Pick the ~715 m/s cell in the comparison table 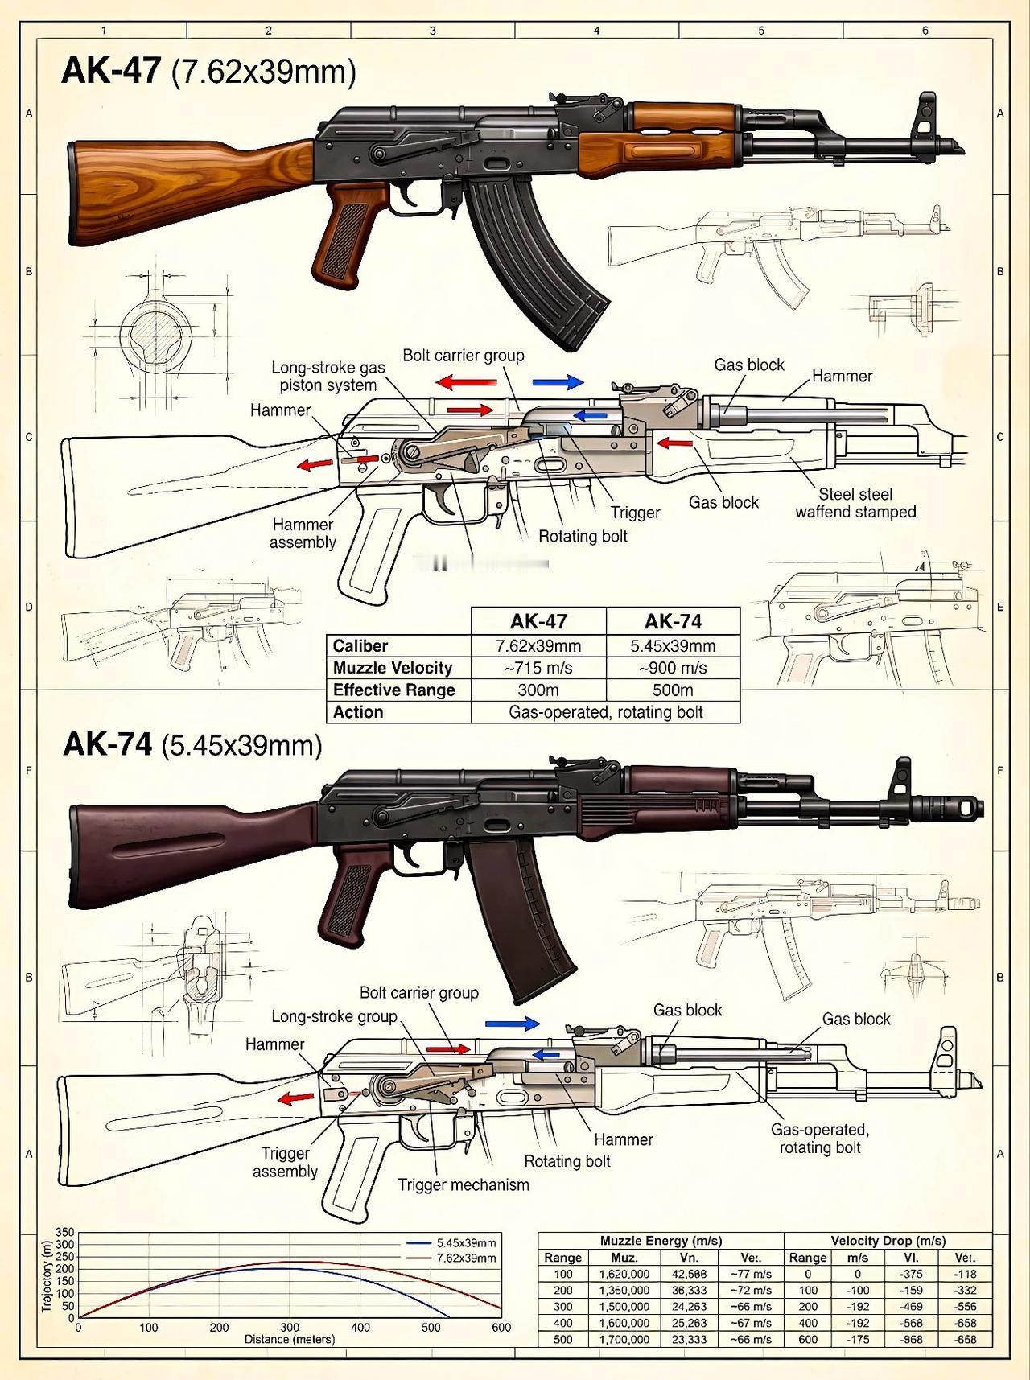[x=538, y=668]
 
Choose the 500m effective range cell [x=673, y=690]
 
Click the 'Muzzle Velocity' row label [x=393, y=668]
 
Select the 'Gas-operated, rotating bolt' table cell [x=605, y=712]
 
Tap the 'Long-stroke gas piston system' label [x=328, y=376]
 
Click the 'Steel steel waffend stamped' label [x=855, y=503]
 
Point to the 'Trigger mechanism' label [x=463, y=1184]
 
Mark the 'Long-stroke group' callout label [x=334, y=1016]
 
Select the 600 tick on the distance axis [x=501, y=1328]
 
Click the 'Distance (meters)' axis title [x=290, y=1340]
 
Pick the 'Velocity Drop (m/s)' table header [x=888, y=1241]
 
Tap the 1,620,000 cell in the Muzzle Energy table [x=624, y=1274]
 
